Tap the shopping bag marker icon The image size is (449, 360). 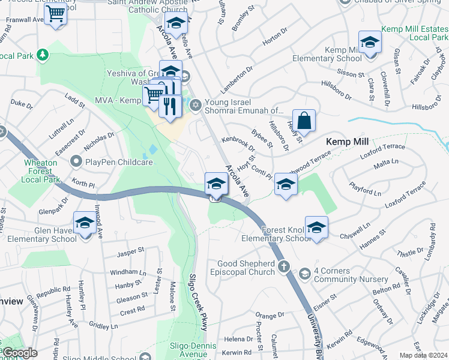(304, 120)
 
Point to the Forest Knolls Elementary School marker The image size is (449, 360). (316, 227)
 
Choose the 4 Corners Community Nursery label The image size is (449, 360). (340, 275)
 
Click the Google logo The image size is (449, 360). (19, 353)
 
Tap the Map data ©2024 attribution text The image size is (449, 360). (423, 355)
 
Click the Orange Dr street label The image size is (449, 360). (270, 315)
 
